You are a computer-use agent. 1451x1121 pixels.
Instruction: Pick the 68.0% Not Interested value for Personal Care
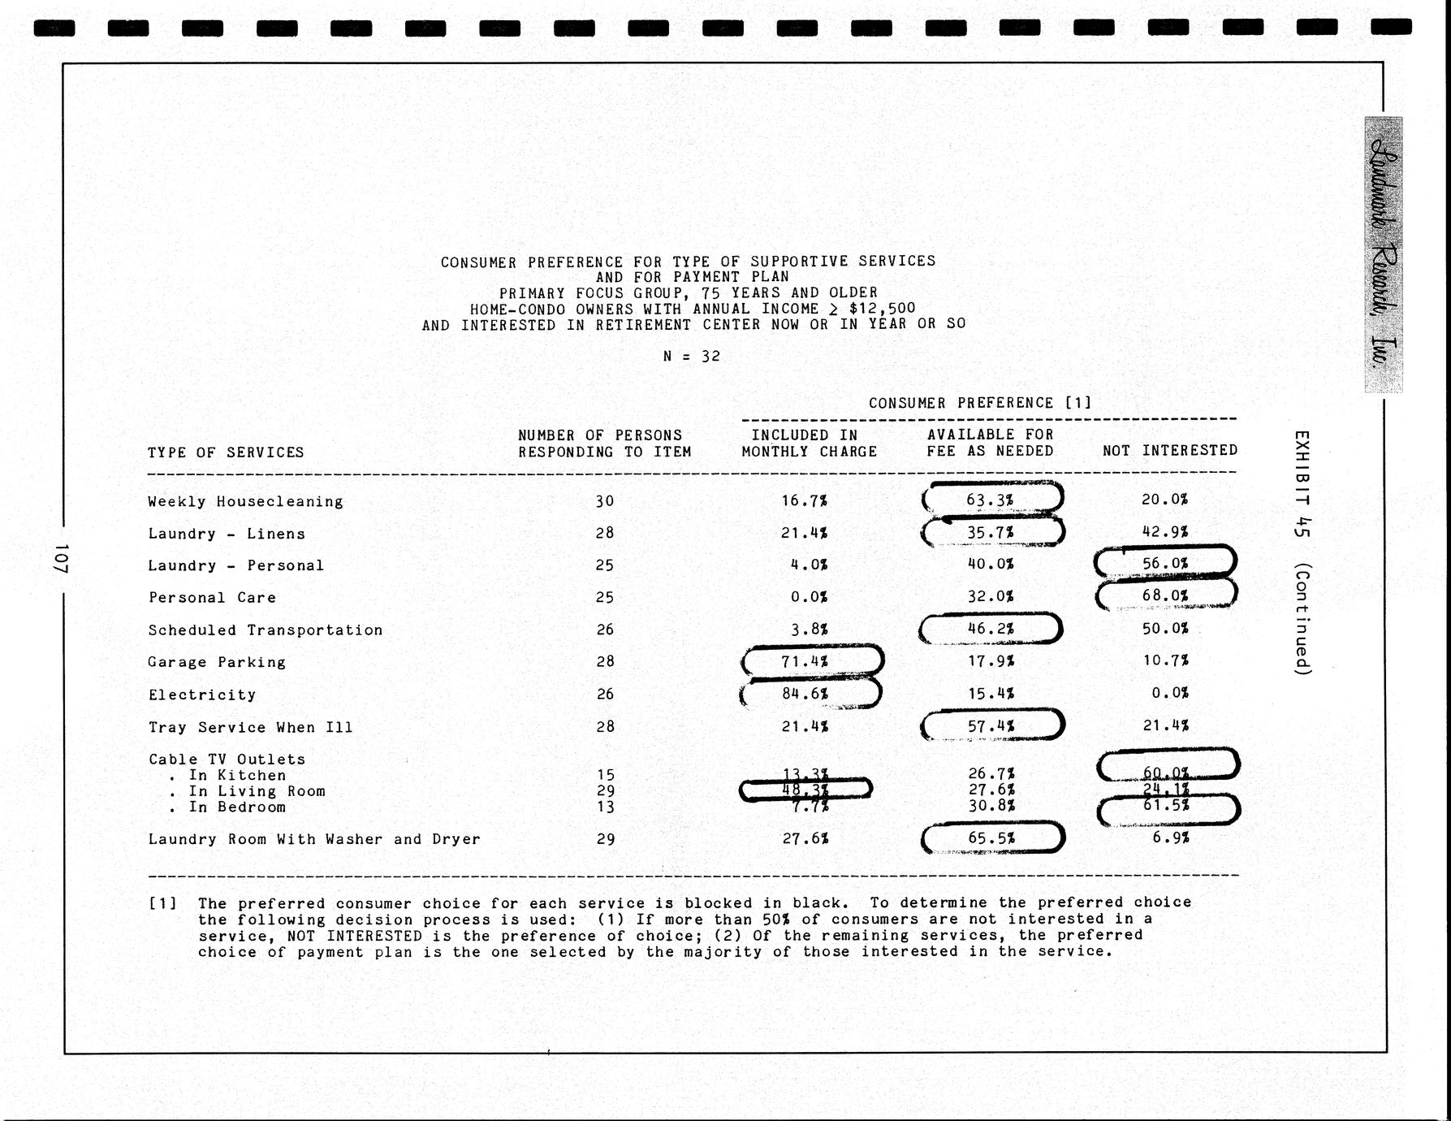[x=1164, y=595]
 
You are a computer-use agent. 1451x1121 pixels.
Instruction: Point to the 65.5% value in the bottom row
[x=990, y=838]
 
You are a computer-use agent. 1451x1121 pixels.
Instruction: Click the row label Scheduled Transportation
[x=265, y=630]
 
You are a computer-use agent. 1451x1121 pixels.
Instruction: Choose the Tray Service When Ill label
[x=250, y=727]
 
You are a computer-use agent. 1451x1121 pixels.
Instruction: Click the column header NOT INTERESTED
[x=1169, y=450]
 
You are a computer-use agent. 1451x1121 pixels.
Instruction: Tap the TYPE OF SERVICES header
[x=226, y=452]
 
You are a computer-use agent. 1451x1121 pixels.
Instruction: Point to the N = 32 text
[x=691, y=356]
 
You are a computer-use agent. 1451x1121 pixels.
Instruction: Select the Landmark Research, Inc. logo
[x=1383, y=254]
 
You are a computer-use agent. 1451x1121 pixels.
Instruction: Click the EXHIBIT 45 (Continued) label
[x=1302, y=552]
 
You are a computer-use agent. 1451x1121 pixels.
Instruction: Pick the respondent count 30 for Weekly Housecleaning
[x=604, y=501]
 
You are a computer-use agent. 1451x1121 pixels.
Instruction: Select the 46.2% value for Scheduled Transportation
[x=990, y=628]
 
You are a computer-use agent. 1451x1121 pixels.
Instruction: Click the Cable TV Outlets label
[x=227, y=759]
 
